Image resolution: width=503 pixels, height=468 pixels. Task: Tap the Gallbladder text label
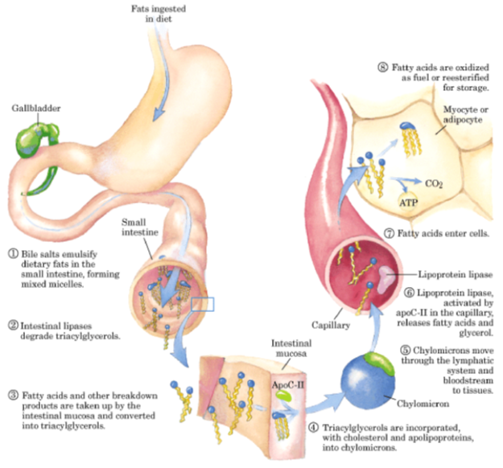click(x=34, y=107)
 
